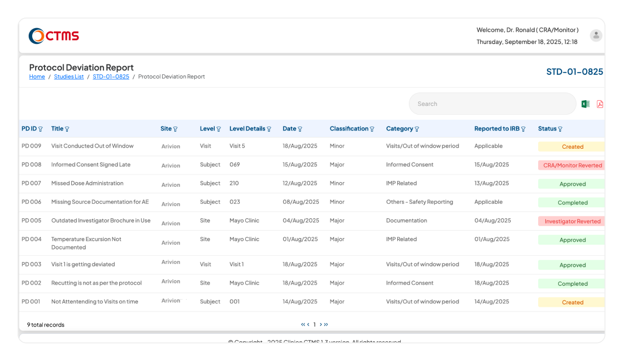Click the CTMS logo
pos(54,36)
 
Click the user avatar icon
pos(596,36)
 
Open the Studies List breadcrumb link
pos(68,77)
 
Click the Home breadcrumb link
pos(37,77)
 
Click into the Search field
pos(491,104)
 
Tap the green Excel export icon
pos(585,104)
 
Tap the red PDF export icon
pos(600,104)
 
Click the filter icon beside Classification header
pos(372,129)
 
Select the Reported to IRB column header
pos(497,129)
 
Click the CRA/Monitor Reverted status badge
pos(572,165)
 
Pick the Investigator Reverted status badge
pos(572,221)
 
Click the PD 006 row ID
pos(32,202)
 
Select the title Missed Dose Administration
pos(87,183)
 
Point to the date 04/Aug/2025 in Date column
pos(301,221)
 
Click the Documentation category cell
pos(406,221)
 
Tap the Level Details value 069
pos(235,164)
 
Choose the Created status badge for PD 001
pos(572,302)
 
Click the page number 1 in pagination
pos(314,324)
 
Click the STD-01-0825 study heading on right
pos(574,71)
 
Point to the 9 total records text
pos(46,324)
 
